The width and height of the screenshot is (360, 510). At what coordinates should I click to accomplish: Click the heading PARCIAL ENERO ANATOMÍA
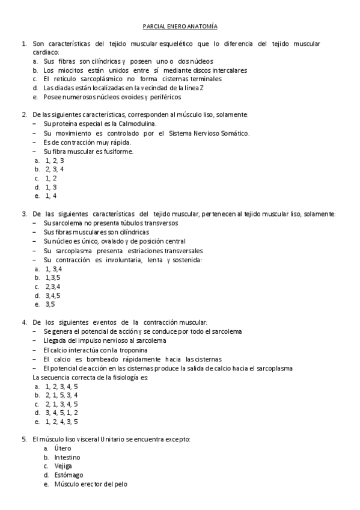pos(180,26)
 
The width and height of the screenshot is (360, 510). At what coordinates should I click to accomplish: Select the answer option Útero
pos(63,449)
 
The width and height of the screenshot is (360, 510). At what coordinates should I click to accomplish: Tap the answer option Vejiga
pos(63,466)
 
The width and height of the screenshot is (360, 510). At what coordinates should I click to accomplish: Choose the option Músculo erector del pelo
pos(90,484)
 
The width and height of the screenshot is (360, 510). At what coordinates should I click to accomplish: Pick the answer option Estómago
pos(67,475)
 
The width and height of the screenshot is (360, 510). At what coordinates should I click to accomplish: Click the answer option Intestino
pos(67,458)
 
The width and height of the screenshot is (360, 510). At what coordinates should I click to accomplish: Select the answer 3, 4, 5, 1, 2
pos(61,413)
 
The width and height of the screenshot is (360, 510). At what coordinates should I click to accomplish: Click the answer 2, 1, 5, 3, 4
pos(61,395)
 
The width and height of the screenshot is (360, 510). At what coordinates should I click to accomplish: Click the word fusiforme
pos(118,152)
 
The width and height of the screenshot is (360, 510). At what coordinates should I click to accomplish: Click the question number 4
pos(23,322)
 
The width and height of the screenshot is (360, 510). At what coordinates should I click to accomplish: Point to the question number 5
pos(23,440)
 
